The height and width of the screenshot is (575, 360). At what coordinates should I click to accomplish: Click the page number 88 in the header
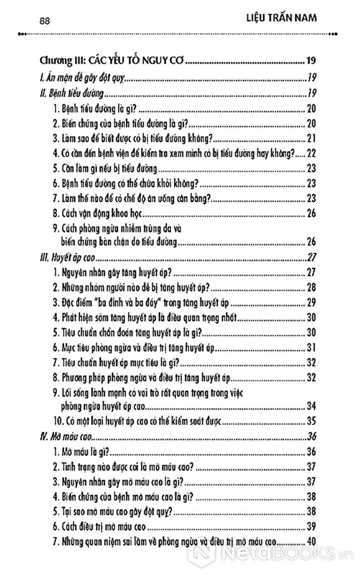pyautogui.click(x=45, y=21)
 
